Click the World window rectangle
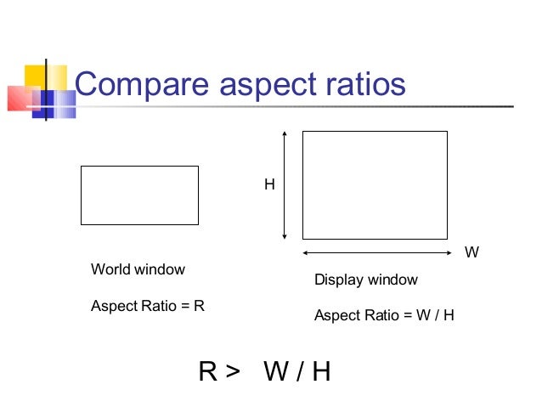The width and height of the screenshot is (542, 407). point(139,195)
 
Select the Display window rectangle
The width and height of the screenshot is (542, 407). point(375,185)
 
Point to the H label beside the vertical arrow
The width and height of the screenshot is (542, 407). point(269,184)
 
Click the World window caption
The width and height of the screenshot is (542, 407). point(138,269)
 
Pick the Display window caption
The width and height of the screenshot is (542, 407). point(366,280)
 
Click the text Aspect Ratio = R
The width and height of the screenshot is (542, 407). point(148,306)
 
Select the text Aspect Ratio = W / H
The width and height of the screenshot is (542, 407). point(384,315)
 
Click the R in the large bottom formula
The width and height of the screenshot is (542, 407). point(208,371)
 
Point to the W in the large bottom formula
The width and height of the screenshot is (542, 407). point(277,371)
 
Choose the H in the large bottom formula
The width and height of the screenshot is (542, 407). point(320,371)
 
